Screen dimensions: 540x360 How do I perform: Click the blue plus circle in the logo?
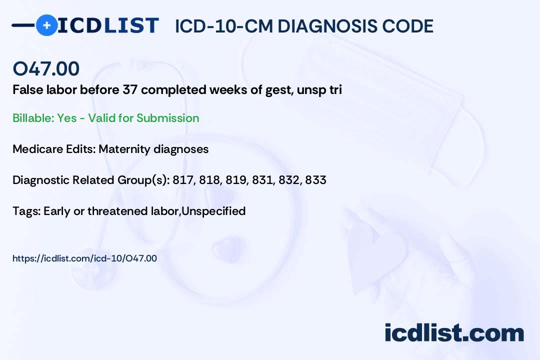click(46, 25)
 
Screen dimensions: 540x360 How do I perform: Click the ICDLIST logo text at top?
click(108, 25)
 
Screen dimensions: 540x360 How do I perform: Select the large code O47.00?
click(46, 68)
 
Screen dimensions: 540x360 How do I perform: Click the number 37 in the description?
click(130, 90)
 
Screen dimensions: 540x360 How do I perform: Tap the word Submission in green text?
click(167, 118)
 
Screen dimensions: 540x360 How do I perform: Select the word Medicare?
click(37, 149)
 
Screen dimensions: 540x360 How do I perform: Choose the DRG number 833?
click(315, 180)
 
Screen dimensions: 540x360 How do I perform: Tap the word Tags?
click(26, 211)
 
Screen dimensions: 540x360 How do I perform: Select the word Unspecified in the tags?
click(213, 211)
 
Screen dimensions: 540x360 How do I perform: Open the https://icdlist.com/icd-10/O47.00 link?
click(84, 258)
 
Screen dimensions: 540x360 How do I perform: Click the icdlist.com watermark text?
click(454, 333)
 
